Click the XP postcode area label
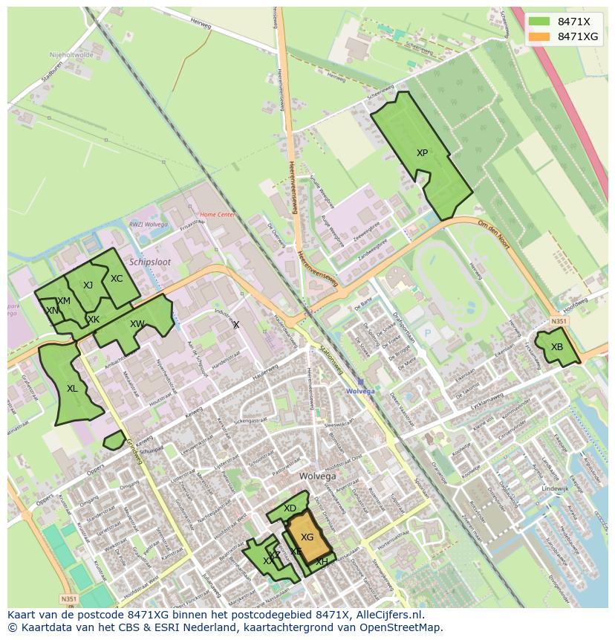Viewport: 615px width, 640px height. [422, 153]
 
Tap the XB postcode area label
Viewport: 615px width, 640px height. [557, 347]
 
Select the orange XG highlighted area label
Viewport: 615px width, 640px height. [307, 537]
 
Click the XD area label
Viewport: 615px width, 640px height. [290, 508]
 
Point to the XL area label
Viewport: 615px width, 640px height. [72, 388]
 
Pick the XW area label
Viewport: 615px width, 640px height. [137, 324]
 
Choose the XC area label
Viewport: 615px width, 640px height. [117, 279]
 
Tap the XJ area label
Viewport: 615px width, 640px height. [88, 285]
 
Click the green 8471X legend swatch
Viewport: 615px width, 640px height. [539, 22]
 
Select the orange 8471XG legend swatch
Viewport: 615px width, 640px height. [539, 36]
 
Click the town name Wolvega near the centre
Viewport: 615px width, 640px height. [318, 476]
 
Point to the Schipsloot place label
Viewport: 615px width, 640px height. [149, 262]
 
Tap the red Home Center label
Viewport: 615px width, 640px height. [218, 215]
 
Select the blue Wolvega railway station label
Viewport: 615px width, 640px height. [360, 391]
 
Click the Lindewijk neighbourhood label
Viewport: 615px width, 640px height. [555, 488]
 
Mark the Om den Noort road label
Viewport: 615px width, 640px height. [495, 222]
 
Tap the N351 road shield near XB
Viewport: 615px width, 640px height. [559, 322]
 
